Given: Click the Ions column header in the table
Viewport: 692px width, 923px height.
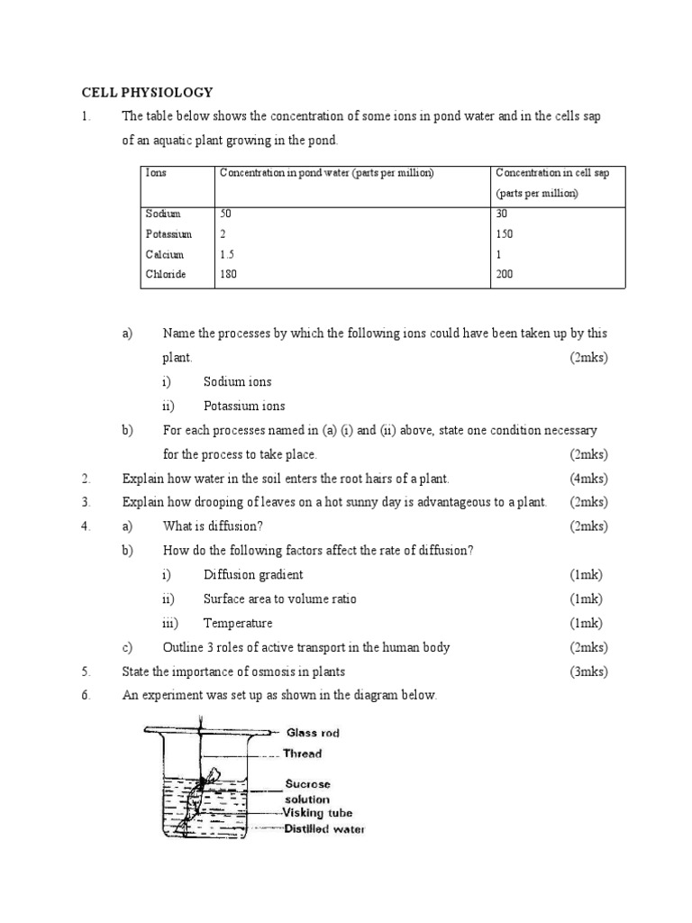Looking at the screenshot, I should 156,172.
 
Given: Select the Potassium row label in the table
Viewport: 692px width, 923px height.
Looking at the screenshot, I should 168,234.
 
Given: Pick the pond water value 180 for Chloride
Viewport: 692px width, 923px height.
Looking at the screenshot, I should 229,274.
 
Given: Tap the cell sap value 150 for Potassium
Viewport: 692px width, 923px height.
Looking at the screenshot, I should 506,234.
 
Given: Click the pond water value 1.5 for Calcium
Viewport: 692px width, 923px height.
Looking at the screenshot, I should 227,254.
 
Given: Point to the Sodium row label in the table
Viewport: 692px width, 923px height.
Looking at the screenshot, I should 163,214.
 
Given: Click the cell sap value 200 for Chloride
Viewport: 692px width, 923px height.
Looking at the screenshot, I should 506,274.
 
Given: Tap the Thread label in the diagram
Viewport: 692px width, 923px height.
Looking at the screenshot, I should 304,754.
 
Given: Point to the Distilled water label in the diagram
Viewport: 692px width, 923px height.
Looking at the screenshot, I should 324,829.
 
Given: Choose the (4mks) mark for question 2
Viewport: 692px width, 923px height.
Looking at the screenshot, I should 588,478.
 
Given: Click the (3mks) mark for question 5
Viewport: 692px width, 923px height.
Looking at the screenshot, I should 588,672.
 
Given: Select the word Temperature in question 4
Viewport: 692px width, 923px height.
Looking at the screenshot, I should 238,623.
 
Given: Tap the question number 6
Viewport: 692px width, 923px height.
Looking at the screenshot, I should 86,696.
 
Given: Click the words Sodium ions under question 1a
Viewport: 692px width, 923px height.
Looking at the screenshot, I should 237,381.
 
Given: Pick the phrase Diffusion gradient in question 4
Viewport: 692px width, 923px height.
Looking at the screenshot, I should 253,574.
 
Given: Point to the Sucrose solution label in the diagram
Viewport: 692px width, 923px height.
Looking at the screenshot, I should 308,791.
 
